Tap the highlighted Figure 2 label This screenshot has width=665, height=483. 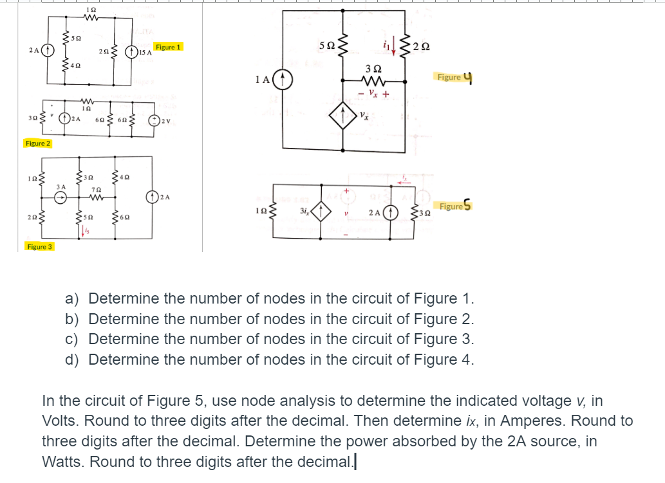38,143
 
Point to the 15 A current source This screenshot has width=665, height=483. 133,51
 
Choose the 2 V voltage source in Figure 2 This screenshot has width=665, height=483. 155,119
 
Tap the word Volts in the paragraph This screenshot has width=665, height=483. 62,421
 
